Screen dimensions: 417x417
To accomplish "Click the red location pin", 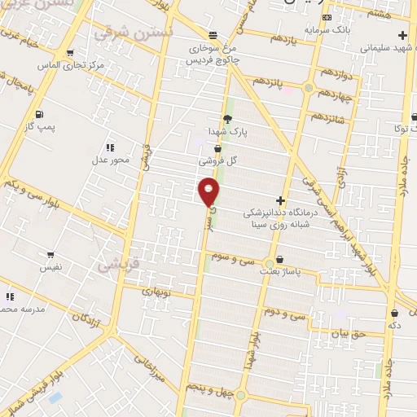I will (x=208, y=191).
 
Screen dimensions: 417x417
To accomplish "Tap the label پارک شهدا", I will (x=226, y=130).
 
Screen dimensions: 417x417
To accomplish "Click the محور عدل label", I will (x=110, y=160).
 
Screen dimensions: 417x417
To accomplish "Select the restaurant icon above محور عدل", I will (x=109, y=147).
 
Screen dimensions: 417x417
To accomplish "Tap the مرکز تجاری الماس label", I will (x=71, y=65).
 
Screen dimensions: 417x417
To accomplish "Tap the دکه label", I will (x=395, y=324).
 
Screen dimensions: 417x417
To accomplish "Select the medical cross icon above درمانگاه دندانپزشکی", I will (x=281, y=200).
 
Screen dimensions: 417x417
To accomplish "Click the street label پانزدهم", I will (x=268, y=82).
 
